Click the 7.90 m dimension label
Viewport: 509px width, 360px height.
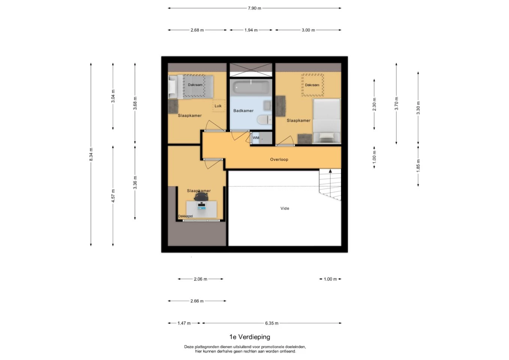click(x=254, y=8)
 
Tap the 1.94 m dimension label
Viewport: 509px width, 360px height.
click(x=251, y=30)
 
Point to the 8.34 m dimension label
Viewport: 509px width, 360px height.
click(x=91, y=154)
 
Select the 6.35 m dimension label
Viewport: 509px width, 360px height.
click(x=271, y=323)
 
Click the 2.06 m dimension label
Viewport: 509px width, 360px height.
click(x=201, y=279)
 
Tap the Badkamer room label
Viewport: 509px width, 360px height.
click(x=243, y=111)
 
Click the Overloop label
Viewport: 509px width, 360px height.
click(x=279, y=159)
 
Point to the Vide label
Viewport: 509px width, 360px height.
click(x=285, y=208)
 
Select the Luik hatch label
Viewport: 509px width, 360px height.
click(x=218, y=106)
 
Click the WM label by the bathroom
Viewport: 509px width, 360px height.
click(x=256, y=138)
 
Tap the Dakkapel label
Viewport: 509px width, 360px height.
click(x=186, y=216)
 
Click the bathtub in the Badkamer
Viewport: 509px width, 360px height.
click(x=251, y=87)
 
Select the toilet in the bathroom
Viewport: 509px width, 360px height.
click(x=265, y=120)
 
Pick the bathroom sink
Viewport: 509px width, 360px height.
click(x=267, y=105)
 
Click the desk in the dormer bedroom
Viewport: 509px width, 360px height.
click(x=202, y=209)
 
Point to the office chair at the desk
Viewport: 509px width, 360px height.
click(x=201, y=196)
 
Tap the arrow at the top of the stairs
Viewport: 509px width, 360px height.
click(x=330, y=171)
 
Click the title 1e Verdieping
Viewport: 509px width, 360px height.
click(x=250, y=337)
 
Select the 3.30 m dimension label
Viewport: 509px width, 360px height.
click(x=418, y=108)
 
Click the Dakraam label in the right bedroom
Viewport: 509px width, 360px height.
click(x=312, y=85)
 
